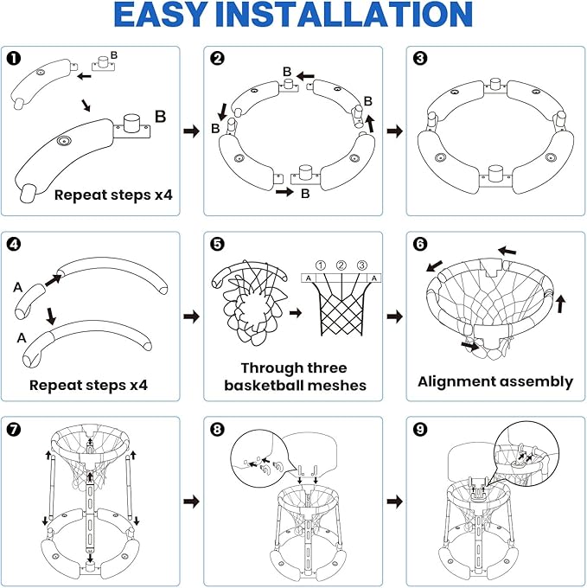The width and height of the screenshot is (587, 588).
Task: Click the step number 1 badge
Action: coord(16,59)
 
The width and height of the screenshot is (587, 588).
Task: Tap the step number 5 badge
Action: coord(218,244)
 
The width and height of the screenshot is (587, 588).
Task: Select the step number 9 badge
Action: coord(420,429)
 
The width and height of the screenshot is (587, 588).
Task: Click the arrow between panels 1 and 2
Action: coord(191,131)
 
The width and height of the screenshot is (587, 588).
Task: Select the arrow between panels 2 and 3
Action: coord(393,131)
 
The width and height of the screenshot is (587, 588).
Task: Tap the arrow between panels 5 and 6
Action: coord(393,316)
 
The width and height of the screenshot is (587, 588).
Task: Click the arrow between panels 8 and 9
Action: coord(393,501)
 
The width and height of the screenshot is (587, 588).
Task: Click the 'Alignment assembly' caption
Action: coord(494,381)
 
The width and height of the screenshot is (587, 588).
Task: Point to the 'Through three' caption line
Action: coord(292,367)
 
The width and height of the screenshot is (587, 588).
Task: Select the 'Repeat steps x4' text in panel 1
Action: coord(113,195)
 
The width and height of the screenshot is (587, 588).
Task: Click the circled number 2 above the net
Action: coord(341,265)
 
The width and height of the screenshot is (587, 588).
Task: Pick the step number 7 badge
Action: coord(16,429)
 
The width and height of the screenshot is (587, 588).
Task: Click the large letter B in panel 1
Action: coord(160,115)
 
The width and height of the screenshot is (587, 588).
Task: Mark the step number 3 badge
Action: coord(420,59)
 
